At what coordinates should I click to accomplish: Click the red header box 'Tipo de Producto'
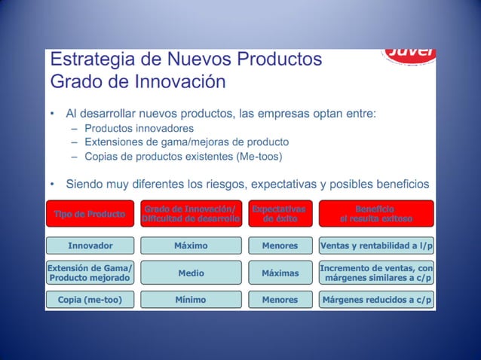pyautogui.click(x=90, y=214)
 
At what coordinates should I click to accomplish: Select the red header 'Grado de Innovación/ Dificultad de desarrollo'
pyautogui.click(x=191, y=214)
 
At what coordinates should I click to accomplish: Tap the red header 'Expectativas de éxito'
pyautogui.click(x=280, y=214)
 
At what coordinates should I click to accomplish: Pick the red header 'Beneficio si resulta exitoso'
pyautogui.click(x=376, y=214)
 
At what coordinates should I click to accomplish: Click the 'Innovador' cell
pyautogui.click(x=90, y=246)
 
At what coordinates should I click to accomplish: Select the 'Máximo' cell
pyautogui.click(x=191, y=246)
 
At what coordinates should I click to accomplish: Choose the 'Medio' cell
pyautogui.click(x=191, y=273)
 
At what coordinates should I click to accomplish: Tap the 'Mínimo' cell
pyautogui.click(x=191, y=300)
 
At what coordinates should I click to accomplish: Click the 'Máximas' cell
pyautogui.click(x=280, y=273)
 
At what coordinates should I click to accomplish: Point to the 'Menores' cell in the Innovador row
pyautogui.click(x=280, y=246)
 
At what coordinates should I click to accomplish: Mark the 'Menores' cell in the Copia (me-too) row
pyautogui.click(x=280, y=300)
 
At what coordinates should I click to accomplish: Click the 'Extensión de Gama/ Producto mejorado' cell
pyautogui.click(x=90, y=273)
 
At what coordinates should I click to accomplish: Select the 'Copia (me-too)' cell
pyautogui.click(x=90, y=300)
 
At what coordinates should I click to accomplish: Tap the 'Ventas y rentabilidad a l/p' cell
pyautogui.click(x=376, y=246)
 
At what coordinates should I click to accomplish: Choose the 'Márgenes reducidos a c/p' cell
pyautogui.click(x=376, y=300)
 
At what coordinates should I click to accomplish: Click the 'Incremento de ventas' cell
pyautogui.click(x=376, y=273)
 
